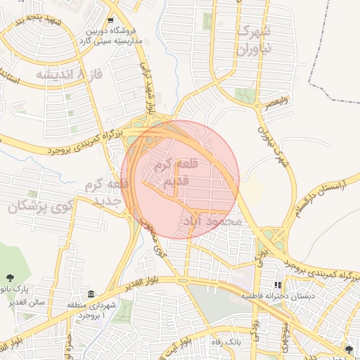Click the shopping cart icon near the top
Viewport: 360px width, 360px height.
pos(111,20)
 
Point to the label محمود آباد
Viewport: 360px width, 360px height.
pos(218,221)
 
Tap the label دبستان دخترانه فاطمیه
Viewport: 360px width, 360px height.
pos(278,296)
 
